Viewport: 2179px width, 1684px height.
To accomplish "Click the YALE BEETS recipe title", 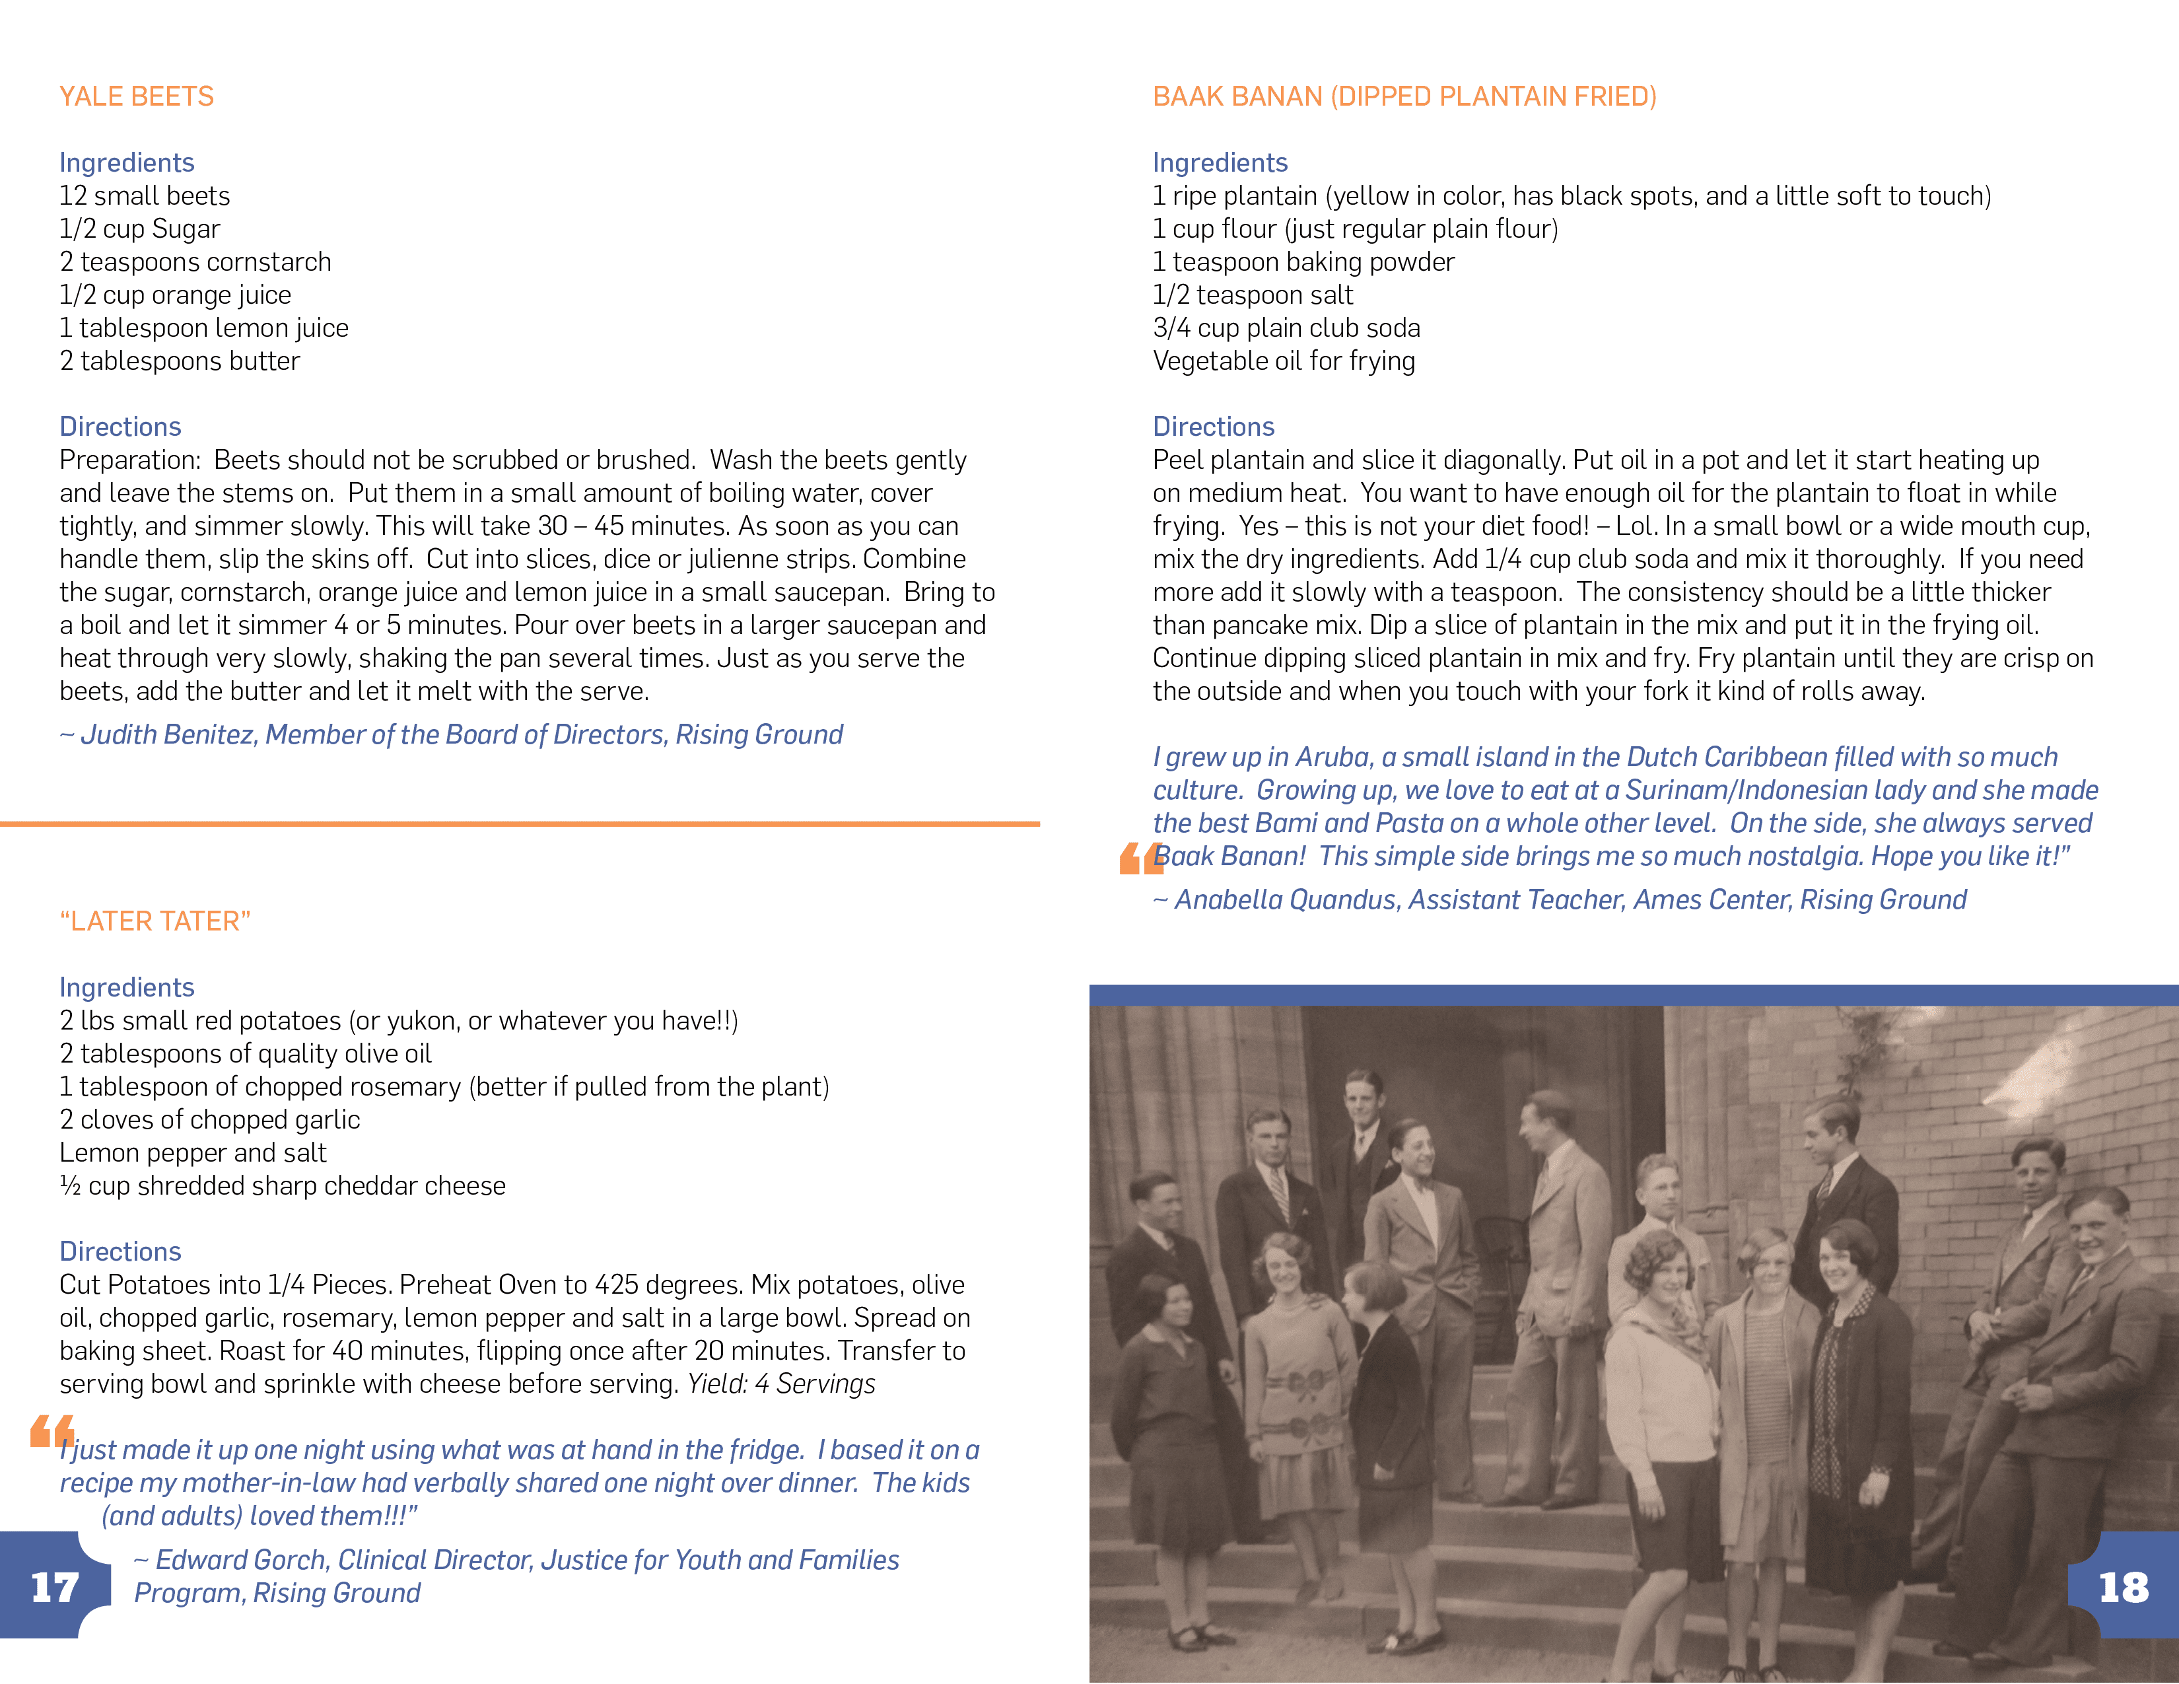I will click(x=137, y=97).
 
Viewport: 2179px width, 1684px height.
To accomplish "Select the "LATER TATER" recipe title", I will click(x=155, y=921).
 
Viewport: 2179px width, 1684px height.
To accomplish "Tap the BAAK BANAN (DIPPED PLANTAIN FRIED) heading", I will click(x=1404, y=97).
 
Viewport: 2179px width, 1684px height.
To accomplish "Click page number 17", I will click(x=54, y=1587).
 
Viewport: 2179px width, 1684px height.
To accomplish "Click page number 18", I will click(x=2123, y=1587).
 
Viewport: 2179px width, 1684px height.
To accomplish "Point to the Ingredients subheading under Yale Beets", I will click(x=127, y=162).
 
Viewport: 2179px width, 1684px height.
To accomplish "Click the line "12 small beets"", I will click(x=145, y=195).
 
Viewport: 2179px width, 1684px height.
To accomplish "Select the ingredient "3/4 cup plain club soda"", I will click(x=1286, y=328).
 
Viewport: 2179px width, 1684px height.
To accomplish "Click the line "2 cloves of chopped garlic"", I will click(x=209, y=1119).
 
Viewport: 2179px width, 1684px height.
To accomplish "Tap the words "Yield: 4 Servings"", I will click(x=781, y=1384).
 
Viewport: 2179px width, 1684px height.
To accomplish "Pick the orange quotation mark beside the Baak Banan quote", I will click(x=1140, y=858).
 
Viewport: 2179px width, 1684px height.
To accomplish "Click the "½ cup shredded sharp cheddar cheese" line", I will click(x=283, y=1185).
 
